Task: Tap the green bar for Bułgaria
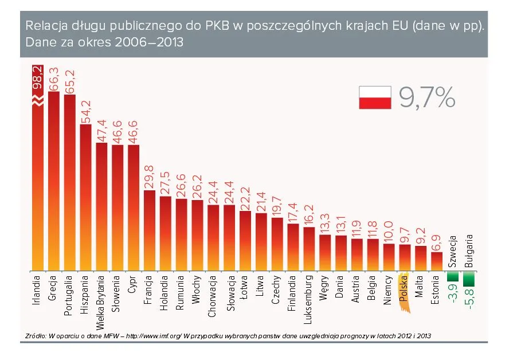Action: [469, 279]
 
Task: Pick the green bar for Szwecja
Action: [453, 277]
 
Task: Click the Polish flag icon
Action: [375, 97]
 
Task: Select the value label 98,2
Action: [37, 78]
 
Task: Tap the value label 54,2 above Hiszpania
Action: [85, 112]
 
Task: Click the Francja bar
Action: [149, 229]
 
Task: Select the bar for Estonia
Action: [436, 261]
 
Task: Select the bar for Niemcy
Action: [389, 257]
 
